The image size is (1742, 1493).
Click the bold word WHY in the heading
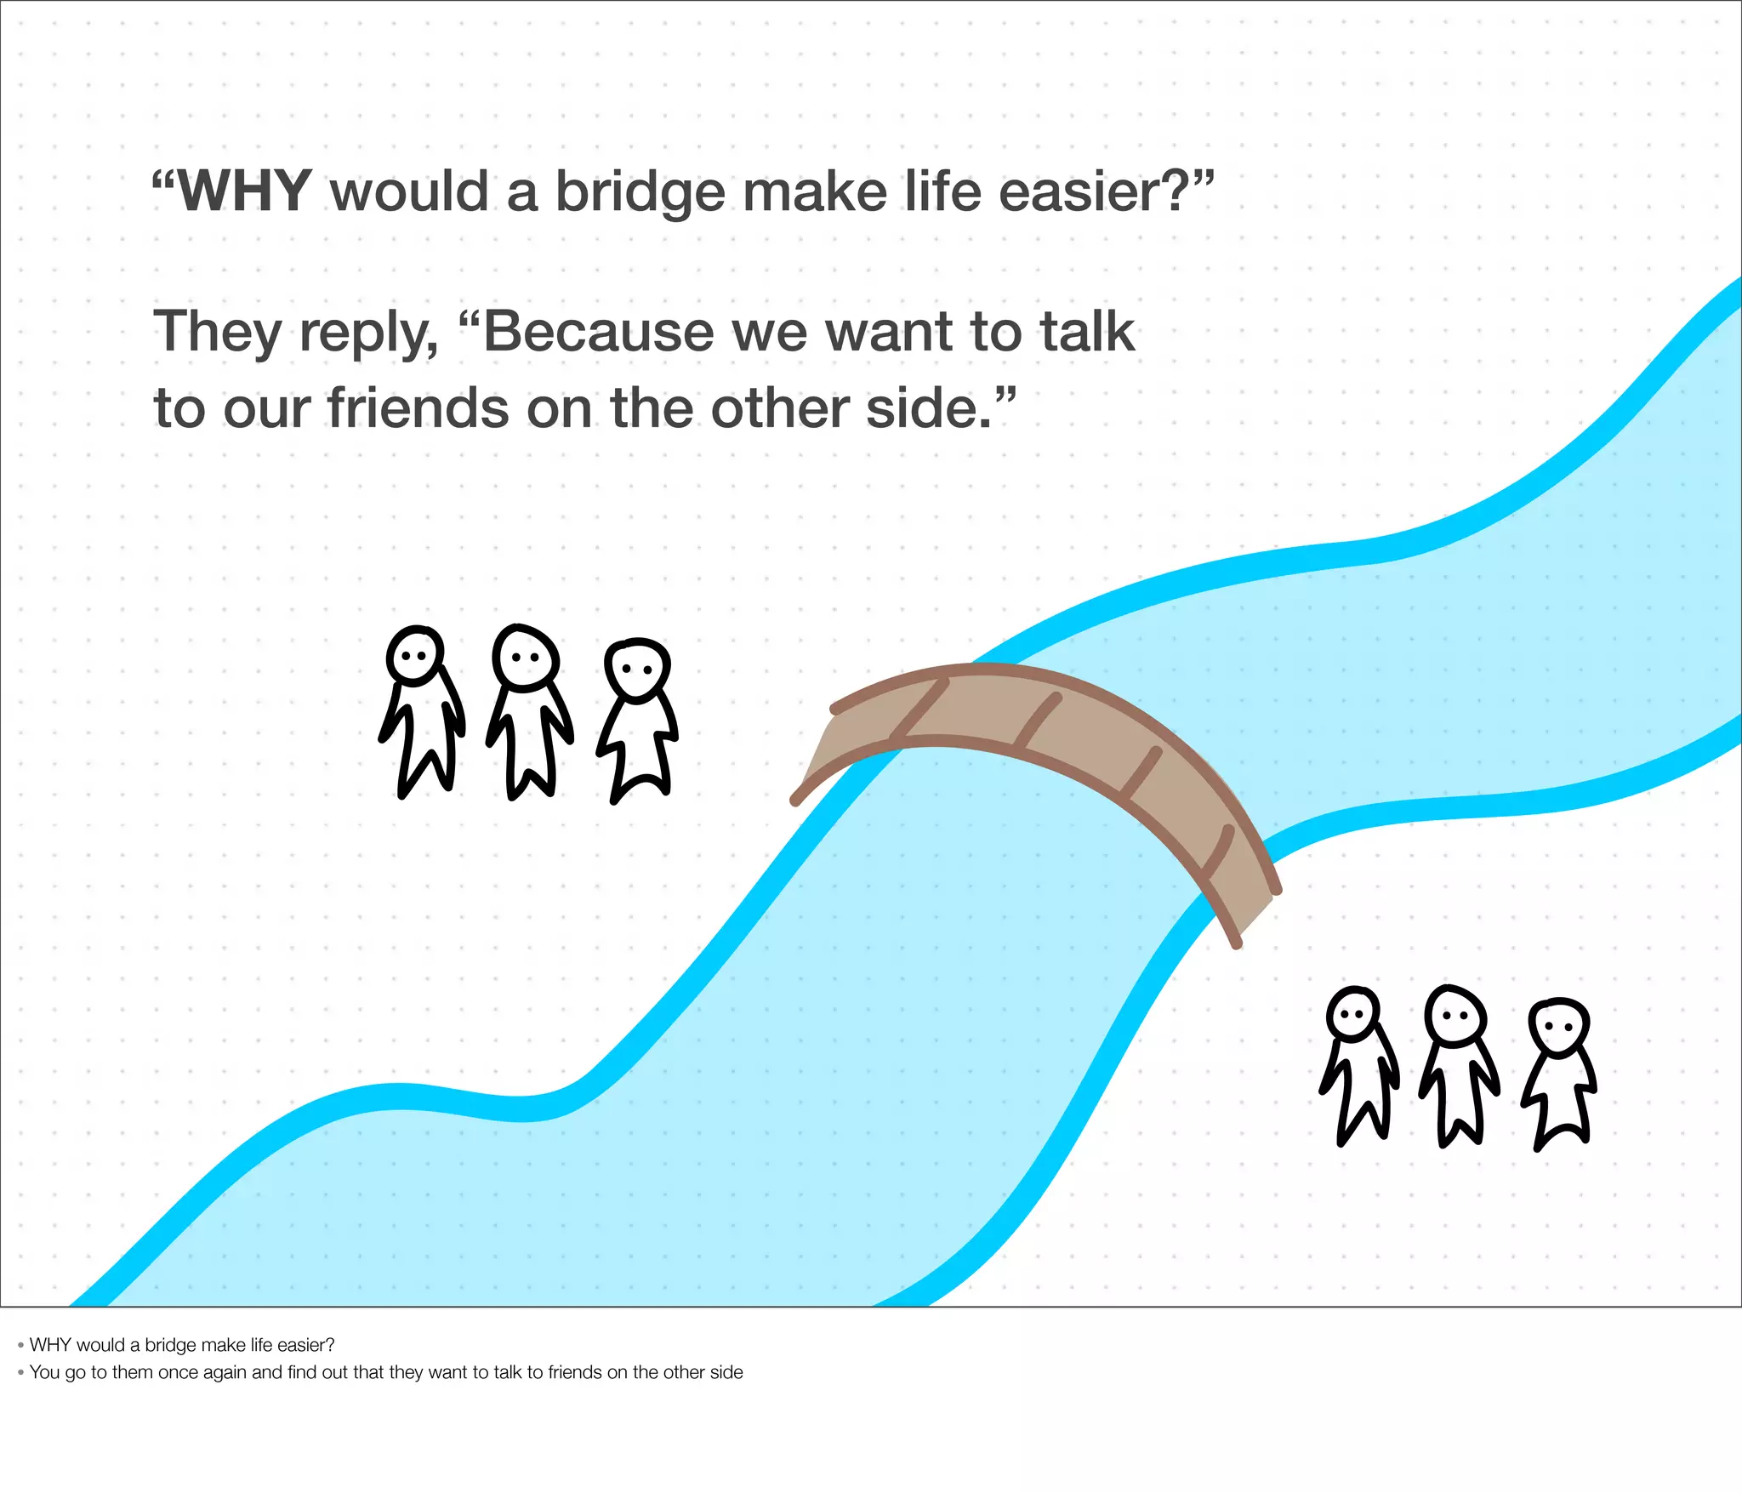click(244, 192)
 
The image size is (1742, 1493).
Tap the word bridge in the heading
click(640, 192)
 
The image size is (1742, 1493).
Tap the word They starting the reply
click(217, 332)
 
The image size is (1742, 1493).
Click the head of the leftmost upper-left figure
click(415, 656)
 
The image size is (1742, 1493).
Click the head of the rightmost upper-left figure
click(637, 669)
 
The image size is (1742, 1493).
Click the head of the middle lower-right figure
click(1455, 1015)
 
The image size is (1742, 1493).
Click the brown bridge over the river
click(1046, 732)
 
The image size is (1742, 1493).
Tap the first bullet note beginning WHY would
click(181, 1345)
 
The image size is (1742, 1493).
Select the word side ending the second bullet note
click(726, 1372)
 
